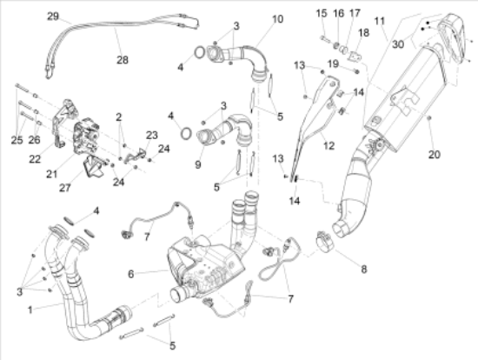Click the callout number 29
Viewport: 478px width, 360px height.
53,17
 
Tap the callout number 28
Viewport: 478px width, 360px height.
123,60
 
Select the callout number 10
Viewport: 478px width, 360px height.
277,19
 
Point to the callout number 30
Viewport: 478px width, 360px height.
398,44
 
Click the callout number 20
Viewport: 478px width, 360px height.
435,155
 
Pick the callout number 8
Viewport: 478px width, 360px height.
363,269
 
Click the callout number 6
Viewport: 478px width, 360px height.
130,274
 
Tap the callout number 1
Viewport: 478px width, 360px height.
30,310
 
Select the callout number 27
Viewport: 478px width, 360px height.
65,188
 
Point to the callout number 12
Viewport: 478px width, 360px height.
329,145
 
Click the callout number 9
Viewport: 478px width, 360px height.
198,164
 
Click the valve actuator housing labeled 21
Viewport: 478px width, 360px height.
87,137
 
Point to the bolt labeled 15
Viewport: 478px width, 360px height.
324,38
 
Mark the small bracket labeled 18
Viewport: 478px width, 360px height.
354,57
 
